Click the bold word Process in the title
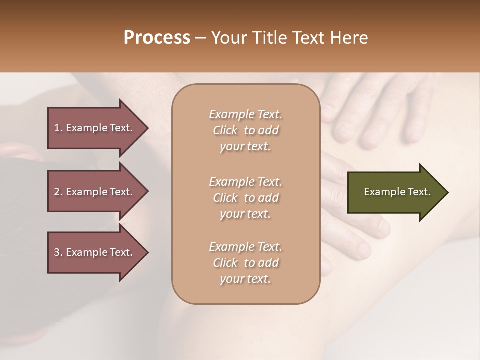coord(157,38)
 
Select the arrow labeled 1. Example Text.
coord(95,128)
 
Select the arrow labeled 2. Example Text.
coord(95,192)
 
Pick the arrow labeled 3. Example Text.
coord(95,252)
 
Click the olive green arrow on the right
coord(395,192)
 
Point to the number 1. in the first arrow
coord(58,128)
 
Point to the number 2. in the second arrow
coord(58,192)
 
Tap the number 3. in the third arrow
coord(58,252)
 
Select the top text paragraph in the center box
coord(245,130)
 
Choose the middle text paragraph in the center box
coord(245,197)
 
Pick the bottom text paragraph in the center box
coord(245,263)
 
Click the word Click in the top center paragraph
coord(225,130)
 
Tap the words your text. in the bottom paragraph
coord(245,279)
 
